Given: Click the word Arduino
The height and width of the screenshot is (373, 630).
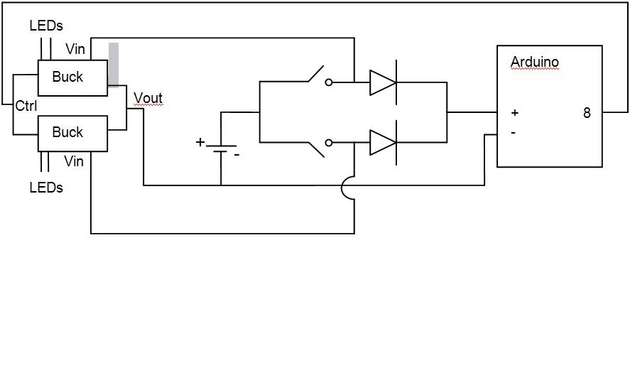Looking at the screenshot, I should [x=534, y=63].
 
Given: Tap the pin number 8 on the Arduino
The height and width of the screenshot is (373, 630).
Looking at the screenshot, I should [x=587, y=113].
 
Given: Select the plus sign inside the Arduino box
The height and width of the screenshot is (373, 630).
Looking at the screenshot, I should [x=514, y=113].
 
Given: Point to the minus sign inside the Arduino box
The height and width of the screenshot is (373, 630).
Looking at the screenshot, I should [x=513, y=132].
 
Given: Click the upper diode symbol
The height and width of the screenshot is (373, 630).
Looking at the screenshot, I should [x=383, y=82].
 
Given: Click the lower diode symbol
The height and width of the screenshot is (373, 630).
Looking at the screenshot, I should [x=383, y=143].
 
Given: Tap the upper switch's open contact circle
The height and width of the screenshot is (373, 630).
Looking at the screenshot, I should [x=329, y=82].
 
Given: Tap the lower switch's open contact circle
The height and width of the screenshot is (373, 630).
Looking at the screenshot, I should [x=329, y=143].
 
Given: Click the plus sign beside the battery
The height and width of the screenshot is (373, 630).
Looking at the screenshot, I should [x=200, y=142].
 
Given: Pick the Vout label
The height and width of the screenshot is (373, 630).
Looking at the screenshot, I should [x=148, y=99].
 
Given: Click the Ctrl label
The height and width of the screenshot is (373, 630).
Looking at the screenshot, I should [x=26, y=106].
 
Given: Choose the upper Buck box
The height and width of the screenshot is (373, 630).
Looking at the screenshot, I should [x=72, y=77].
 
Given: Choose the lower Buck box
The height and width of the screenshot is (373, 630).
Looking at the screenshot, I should [x=72, y=133].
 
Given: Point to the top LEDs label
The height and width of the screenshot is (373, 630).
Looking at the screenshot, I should [x=46, y=26].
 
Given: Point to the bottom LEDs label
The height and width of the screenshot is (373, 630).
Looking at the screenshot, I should [x=46, y=188].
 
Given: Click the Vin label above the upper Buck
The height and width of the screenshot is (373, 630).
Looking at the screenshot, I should [x=75, y=49].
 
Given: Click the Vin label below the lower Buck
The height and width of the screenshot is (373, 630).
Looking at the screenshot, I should [x=74, y=162].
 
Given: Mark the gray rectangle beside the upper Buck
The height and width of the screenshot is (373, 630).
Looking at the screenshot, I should [x=114, y=65].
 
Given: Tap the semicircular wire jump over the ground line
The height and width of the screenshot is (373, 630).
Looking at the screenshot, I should [x=347, y=188].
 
